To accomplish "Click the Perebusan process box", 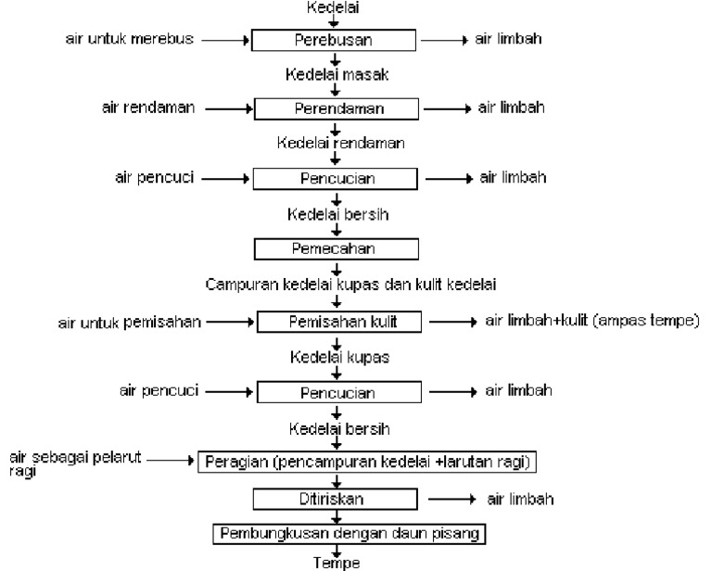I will click(336, 41).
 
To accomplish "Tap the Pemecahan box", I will click(337, 249).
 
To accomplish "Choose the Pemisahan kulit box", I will click(339, 322).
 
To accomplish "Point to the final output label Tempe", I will click(336, 563).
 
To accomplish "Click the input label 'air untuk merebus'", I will click(128, 40).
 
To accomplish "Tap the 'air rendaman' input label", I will click(147, 108).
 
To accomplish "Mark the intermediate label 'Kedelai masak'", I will click(336, 73).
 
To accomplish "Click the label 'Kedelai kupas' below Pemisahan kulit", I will click(337, 357).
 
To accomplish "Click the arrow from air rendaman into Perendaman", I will click(228, 108).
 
